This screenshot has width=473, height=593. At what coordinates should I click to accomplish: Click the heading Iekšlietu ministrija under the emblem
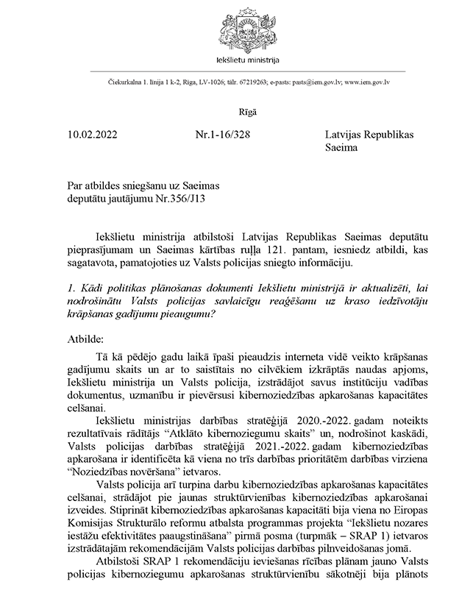(x=236, y=58)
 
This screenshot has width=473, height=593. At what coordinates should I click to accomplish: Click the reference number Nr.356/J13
(x=188, y=200)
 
